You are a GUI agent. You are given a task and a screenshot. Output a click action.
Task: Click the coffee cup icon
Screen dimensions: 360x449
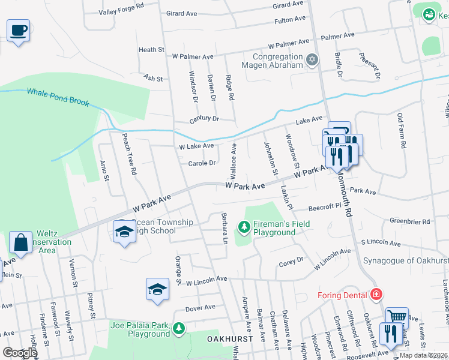coord(19,30)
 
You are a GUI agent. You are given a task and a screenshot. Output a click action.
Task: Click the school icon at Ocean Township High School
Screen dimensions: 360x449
coord(124,232)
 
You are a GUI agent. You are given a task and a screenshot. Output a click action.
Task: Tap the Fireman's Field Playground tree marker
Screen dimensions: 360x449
coord(244,226)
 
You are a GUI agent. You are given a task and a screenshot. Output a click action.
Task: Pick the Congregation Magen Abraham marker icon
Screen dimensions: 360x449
coord(312,59)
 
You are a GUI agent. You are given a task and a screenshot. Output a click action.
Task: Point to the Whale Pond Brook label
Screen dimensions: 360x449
coord(58,97)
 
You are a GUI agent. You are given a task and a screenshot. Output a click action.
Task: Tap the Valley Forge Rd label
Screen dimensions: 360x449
coord(122,8)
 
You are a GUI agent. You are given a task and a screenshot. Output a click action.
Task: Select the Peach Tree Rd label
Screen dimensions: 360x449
coord(130,154)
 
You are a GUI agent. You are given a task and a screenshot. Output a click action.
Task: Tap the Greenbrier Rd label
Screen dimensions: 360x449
coord(410,221)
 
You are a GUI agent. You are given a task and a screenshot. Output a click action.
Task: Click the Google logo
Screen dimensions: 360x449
coord(20,353)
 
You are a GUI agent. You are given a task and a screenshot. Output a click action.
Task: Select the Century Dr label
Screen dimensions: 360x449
coord(205,119)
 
